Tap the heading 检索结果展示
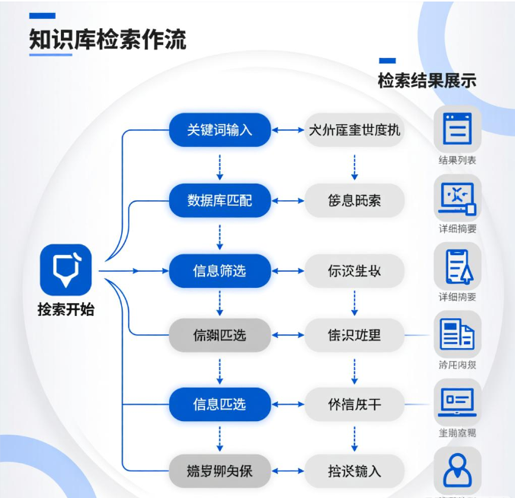[x=427, y=80]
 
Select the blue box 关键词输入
[x=219, y=130]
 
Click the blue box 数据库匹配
[x=219, y=200]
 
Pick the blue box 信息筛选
[x=219, y=270]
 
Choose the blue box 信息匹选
[x=219, y=404]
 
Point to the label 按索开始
[x=66, y=309]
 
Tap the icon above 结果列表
[x=458, y=129]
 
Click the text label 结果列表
[x=458, y=161]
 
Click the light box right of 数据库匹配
[x=354, y=200]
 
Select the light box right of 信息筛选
[x=354, y=270]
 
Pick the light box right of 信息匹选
[x=354, y=404]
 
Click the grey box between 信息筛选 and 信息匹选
[x=219, y=334]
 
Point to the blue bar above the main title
[x=42, y=15]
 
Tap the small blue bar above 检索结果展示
[x=387, y=61]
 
